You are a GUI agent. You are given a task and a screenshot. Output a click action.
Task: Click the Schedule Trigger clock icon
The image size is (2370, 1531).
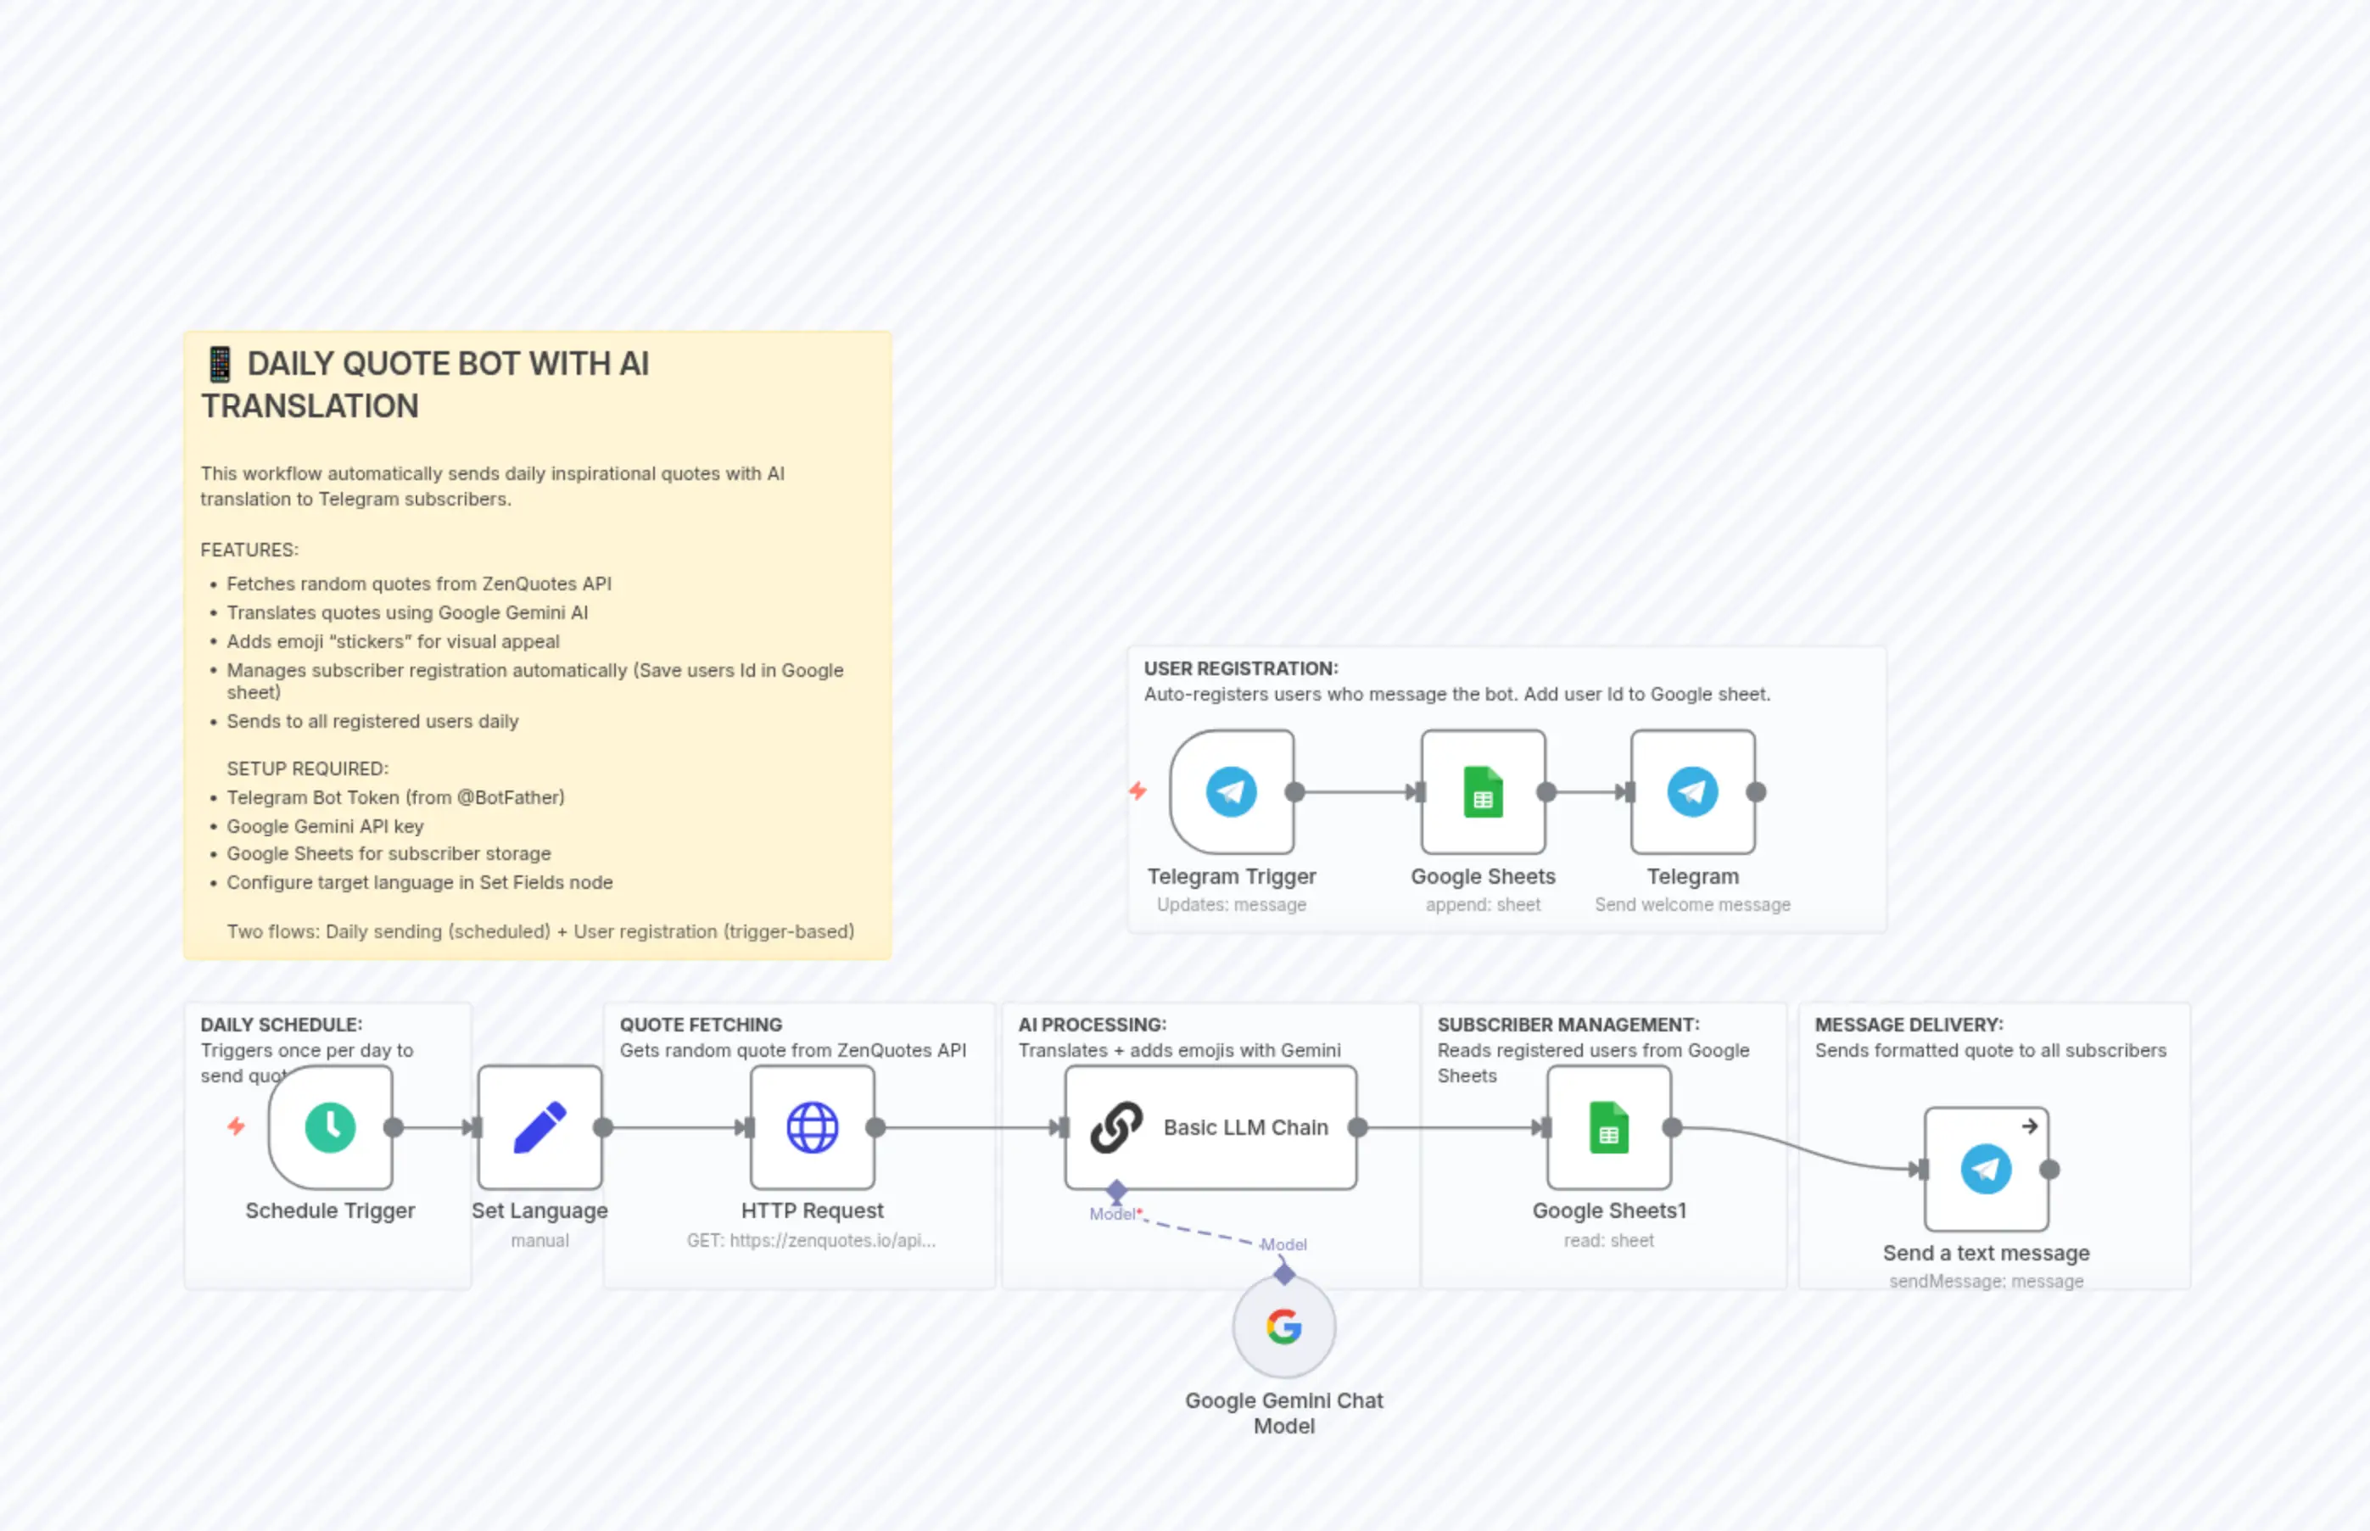pos(330,1127)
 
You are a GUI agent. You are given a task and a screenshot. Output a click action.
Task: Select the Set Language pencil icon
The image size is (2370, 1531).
pos(539,1127)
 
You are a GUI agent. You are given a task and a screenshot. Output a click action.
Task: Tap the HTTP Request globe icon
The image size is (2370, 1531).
pos(813,1127)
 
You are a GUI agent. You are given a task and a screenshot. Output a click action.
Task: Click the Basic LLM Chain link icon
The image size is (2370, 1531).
pos(1116,1127)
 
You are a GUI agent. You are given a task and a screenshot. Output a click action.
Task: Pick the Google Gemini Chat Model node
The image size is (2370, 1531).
pos(1283,1327)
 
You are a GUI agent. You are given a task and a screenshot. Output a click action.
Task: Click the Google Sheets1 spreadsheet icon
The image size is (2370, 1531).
pos(1608,1127)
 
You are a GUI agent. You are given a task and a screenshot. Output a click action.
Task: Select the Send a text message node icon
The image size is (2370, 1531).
pos(1985,1169)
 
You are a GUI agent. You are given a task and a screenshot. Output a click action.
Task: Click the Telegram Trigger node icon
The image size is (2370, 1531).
pos(1231,792)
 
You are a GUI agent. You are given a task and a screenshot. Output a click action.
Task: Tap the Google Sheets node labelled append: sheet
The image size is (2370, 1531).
pos(1482,792)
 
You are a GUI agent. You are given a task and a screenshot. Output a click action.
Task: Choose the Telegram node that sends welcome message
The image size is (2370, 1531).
pos(1692,792)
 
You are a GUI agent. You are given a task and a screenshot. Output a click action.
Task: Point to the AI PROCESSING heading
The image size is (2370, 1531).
pos(1092,1025)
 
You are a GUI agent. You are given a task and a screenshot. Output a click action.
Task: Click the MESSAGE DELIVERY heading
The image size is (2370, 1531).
pos(1909,1025)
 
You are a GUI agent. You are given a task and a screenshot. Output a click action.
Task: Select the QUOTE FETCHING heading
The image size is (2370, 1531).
pos(701,1025)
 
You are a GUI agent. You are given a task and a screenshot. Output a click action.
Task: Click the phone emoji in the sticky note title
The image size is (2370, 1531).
pos(220,364)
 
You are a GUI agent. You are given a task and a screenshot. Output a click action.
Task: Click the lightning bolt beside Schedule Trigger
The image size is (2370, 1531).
pos(236,1126)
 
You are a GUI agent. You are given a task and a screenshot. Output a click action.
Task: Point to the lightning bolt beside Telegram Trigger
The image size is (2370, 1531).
pos(1137,791)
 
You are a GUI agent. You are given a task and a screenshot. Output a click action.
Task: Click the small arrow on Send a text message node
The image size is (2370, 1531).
pos(2029,1126)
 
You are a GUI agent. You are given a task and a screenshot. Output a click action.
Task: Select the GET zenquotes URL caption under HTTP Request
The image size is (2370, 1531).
pos(811,1241)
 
